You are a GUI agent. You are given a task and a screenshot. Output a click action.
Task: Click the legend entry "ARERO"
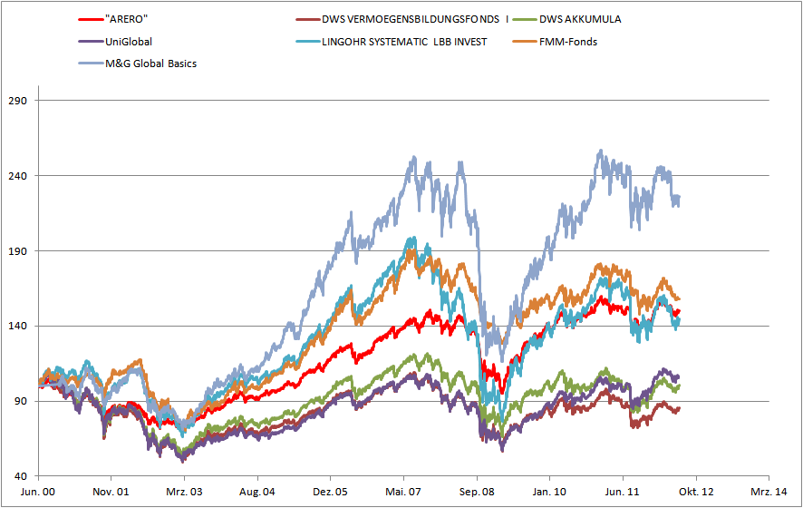[x=126, y=18]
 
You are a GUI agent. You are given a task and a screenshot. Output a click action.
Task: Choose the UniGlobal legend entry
[x=129, y=41]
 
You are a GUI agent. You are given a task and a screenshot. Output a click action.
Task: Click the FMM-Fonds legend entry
[x=568, y=41]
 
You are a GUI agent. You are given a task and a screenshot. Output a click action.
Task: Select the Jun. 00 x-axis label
[x=39, y=493]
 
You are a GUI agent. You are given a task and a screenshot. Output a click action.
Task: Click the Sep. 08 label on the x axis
[x=477, y=493]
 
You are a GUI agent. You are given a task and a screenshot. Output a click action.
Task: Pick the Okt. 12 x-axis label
[x=695, y=493]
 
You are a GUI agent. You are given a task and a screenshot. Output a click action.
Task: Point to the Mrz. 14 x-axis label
[x=769, y=493]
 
